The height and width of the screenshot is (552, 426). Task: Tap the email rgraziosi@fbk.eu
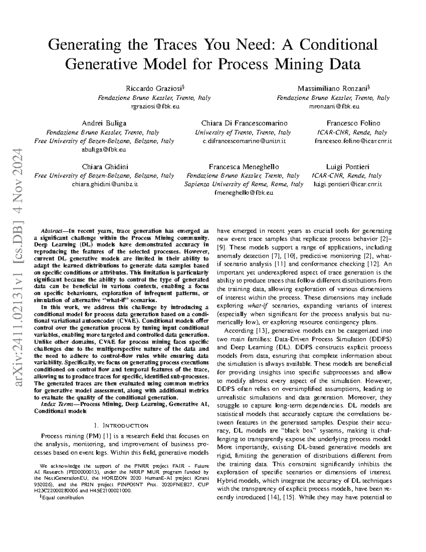(154, 106)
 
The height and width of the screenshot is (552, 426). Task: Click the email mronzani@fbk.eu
(333, 106)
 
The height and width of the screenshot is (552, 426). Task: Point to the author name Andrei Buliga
(104, 123)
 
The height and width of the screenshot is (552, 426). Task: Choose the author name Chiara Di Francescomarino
(244, 123)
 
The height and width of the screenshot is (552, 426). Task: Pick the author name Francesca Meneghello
(244, 167)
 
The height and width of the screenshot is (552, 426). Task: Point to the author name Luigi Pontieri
(348, 167)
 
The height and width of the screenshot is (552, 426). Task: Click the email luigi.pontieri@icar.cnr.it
(348, 184)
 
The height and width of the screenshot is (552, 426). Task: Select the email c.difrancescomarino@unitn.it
(244, 141)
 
